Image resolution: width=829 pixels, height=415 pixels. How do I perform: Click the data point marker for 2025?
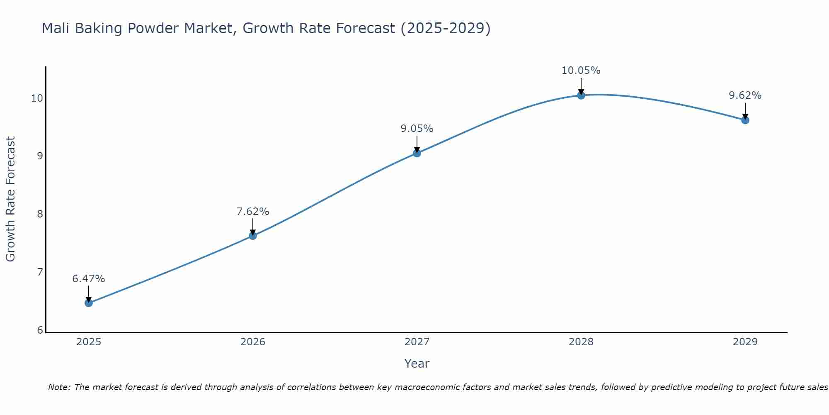(x=89, y=303)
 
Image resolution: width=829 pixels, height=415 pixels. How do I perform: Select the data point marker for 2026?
(x=253, y=236)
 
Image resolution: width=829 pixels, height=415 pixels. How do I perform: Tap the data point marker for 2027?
(x=417, y=153)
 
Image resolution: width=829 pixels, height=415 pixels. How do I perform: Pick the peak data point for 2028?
(x=581, y=95)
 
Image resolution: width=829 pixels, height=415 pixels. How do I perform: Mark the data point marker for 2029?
(x=745, y=120)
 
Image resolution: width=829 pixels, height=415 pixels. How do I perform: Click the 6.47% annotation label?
(x=89, y=279)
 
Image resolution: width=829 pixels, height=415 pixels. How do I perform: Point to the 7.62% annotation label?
(x=253, y=212)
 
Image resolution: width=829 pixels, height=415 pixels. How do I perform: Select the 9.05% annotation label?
(x=417, y=129)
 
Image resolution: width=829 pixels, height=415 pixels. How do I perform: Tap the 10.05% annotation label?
(x=581, y=71)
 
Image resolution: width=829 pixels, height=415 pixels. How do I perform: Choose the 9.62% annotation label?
(x=745, y=95)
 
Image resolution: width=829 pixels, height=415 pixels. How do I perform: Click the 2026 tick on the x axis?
(x=253, y=342)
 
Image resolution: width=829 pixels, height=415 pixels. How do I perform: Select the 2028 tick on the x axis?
(x=581, y=342)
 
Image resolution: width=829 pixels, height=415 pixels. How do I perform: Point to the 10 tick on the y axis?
(x=37, y=98)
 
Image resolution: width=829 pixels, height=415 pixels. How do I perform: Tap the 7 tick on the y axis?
(x=40, y=272)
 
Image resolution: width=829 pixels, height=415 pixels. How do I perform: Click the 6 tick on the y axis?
(x=40, y=330)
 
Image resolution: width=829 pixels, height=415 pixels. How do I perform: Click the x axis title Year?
(x=417, y=364)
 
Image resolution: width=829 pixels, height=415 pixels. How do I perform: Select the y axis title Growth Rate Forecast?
(x=11, y=199)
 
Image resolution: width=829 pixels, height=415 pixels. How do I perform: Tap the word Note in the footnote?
(x=59, y=387)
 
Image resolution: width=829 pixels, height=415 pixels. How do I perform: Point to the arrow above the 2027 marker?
(x=417, y=144)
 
